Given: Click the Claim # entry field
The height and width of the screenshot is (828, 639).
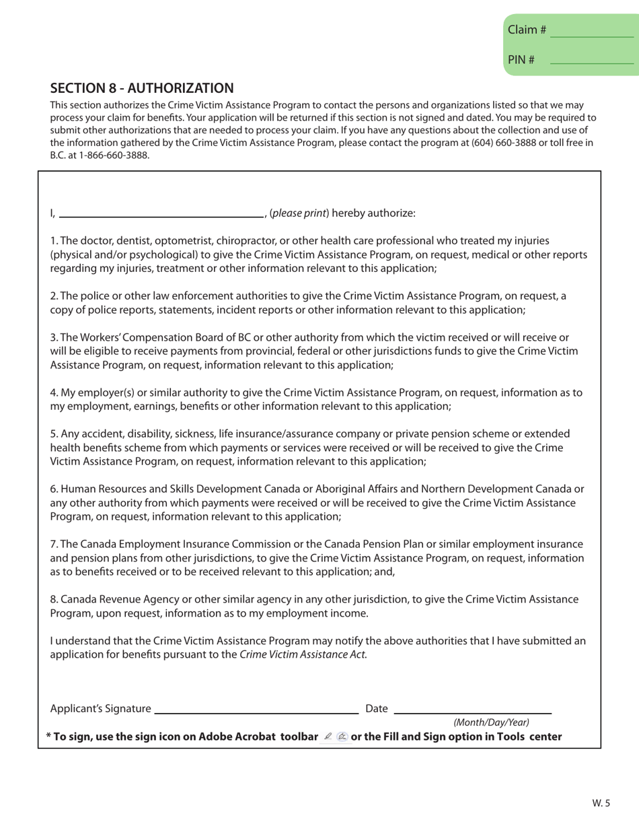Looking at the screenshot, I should click(x=591, y=30).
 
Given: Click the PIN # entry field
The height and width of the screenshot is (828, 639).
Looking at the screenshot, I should click(x=591, y=59).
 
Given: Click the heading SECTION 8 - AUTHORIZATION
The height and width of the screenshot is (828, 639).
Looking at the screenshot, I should click(x=143, y=88).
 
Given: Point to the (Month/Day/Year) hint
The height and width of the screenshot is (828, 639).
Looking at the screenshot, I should click(x=491, y=722).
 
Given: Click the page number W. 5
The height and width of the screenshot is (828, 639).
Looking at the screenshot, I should click(x=601, y=802).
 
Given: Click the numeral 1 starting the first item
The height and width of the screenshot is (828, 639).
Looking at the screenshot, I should click(x=53, y=240).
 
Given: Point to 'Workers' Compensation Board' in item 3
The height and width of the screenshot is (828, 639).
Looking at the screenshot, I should click(x=149, y=337).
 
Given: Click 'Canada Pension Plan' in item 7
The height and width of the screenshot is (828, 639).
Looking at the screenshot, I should click(x=404, y=544).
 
